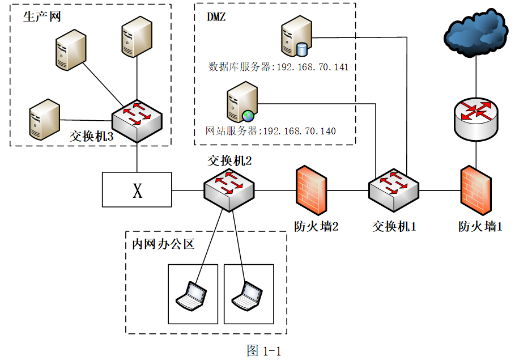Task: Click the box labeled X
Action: pyautogui.click(x=137, y=189)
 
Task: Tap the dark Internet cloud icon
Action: pyautogui.click(x=476, y=32)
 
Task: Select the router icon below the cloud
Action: pyautogui.click(x=476, y=120)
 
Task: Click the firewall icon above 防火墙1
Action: pyautogui.click(x=476, y=190)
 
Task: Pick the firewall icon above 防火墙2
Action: pyautogui.click(x=312, y=190)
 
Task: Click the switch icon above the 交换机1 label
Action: pyautogui.click(x=394, y=190)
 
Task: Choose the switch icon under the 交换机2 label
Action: pyautogui.click(x=229, y=190)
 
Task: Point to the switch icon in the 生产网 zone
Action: pyautogui.click(x=137, y=121)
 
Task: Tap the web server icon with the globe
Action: pyautogui.click(x=242, y=102)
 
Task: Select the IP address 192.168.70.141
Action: pyautogui.click(x=313, y=67)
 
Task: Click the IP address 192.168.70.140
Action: pyautogui.click(x=300, y=131)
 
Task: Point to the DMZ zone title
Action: pyautogui.click(x=216, y=16)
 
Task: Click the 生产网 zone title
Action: pyautogui.click(x=42, y=16)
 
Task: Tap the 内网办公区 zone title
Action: pyautogui.click(x=163, y=244)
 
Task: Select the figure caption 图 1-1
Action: pyautogui.click(x=264, y=350)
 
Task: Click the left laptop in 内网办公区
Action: pyautogui.click(x=191, y=296)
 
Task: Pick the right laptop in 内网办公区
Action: pyautogui.click(x=247, y=296)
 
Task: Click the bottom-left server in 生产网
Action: pyautogui.click(x=44, y=120)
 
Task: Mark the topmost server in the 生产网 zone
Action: pyautogui.click(x=137, y=36)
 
